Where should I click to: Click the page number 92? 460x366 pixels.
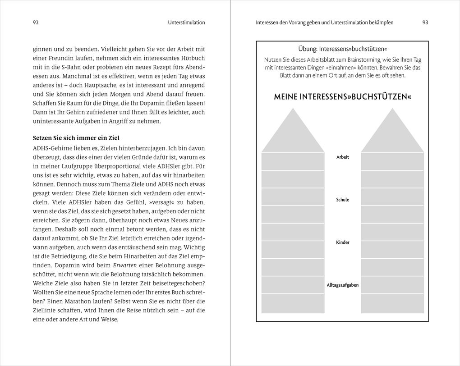37,23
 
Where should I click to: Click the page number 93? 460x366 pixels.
425,23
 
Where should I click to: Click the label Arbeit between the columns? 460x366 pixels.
342,157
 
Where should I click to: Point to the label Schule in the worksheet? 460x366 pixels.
342,200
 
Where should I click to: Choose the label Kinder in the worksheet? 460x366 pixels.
342,242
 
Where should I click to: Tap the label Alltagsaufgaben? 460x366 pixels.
342,285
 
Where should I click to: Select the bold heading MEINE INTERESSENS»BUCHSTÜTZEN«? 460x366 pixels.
342,97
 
